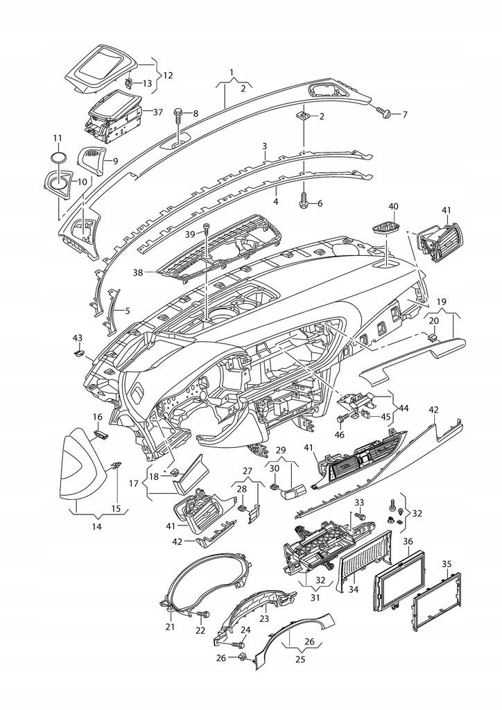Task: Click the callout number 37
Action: tap(158, 112)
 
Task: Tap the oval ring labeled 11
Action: tap(59, 157)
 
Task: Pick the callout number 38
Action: tap(137, 273)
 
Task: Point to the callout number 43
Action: tap(78, 338)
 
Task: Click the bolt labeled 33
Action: tap(361, 515)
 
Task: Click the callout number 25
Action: tap(300, 659)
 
